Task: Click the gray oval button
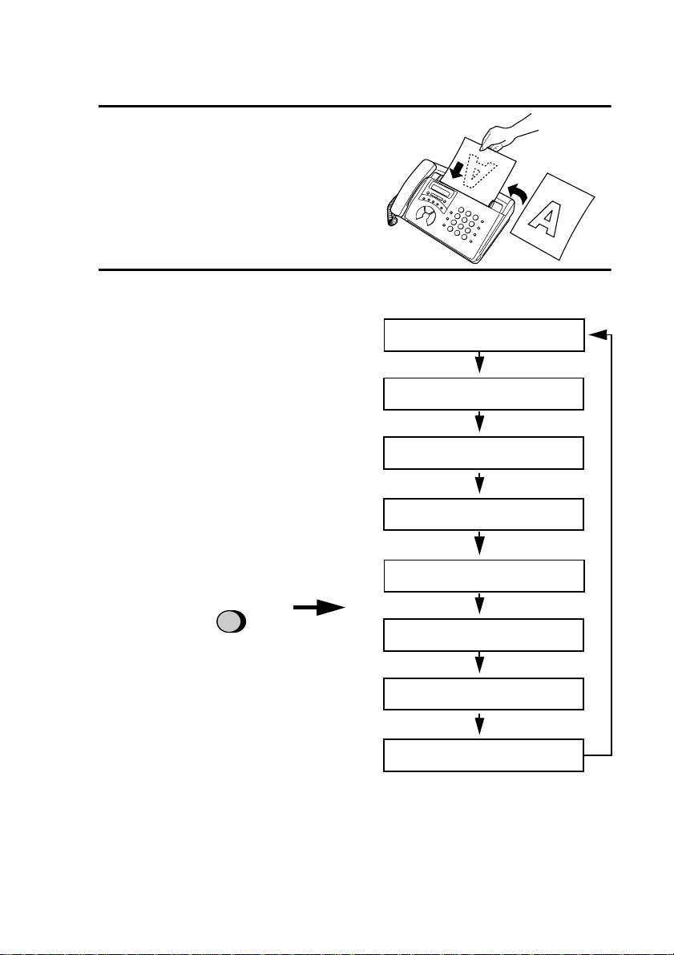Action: click(x=231, y=622)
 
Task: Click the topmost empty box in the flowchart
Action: click(x=483, y=334)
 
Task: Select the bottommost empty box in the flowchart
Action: click(x=483, y=755)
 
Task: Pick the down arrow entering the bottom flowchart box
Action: click(x=480, y=725)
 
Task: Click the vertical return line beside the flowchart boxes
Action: click(x=611, y=545)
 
